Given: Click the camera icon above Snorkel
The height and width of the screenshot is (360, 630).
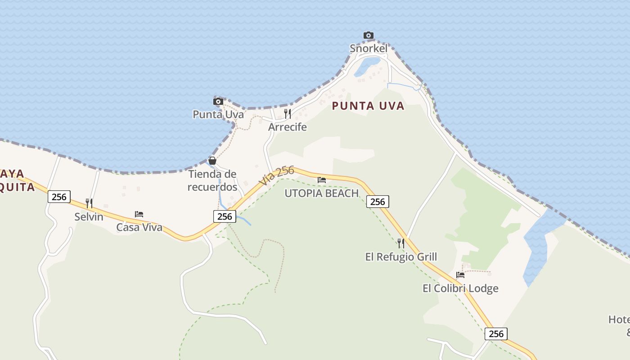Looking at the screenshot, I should pos(369,35).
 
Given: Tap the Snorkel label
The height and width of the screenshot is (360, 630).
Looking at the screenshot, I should pos(369,48).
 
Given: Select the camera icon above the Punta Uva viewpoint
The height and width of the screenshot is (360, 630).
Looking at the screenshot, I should pos(218,101).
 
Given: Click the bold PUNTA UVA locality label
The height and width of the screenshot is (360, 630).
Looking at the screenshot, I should pos(368,106).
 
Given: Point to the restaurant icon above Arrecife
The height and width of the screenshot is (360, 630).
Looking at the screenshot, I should pos(288,113).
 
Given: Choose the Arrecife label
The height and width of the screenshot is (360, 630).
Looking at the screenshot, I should pos(288,127).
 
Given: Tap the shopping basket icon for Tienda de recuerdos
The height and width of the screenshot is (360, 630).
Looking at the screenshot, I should pos(212,161).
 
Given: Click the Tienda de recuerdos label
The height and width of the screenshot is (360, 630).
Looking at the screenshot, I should pos(212,180).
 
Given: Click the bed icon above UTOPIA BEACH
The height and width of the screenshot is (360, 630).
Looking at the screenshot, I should pos(321,180).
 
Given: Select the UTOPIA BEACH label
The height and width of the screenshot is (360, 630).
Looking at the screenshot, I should pos(321,193).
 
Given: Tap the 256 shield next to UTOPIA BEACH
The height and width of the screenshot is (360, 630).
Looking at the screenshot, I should pos(378,202).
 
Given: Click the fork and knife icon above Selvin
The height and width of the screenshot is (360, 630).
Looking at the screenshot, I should pos(89,203).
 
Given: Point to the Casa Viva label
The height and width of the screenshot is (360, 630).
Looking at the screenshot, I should pos(139,227).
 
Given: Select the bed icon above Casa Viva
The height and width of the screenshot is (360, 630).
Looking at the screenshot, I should pos(139,214).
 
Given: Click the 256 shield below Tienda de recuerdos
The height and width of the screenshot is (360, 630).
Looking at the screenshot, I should pos(225,216).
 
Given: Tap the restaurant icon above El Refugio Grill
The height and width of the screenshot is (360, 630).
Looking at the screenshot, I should pos(401,243).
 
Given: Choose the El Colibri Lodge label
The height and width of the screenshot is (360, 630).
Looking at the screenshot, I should pos(460,288).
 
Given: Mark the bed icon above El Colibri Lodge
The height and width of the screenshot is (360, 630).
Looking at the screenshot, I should pos(460,275).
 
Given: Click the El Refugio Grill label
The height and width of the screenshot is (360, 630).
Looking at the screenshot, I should pos(401,257).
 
